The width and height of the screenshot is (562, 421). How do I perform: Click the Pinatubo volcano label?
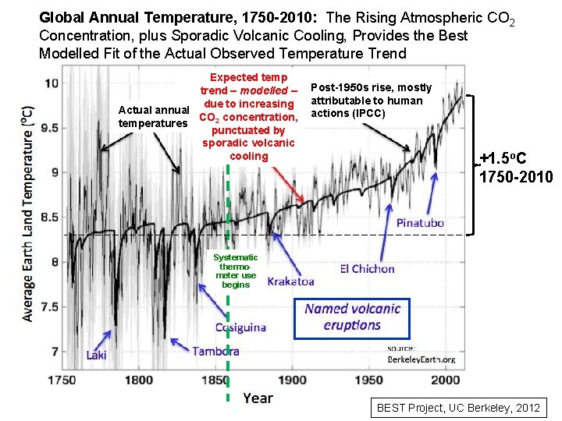(x=420, y=223)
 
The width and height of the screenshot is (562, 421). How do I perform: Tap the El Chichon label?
(x=367, y=269)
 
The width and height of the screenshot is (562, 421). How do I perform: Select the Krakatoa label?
(x=290, y=281)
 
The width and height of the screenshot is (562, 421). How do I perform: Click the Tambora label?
(x=215, y=351)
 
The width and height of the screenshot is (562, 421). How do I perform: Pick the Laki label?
(x=97, y=356)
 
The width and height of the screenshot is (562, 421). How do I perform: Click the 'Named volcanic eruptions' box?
(x=353, y=317)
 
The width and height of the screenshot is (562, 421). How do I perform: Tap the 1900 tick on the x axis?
(x=293, y=380)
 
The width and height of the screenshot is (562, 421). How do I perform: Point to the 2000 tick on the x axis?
(x=446, y=380)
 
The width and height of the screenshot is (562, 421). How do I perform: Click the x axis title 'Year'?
(x=258, y=398)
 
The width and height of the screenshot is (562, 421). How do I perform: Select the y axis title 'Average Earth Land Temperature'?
(x=28, y=214)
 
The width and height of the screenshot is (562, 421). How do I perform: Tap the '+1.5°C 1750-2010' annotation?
(x=515, y=168)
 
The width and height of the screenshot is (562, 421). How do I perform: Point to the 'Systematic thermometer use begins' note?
(x=235, y=271)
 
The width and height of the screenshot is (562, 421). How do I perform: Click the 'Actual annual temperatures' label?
(x=153, y=116)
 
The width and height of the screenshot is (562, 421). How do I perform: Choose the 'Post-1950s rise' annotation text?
(x=366, y=101)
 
